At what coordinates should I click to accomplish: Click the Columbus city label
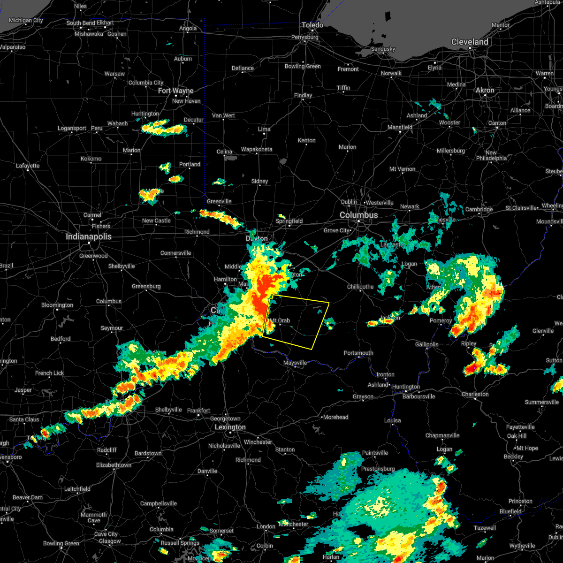(358, 215)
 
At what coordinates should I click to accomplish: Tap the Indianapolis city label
(88, 237)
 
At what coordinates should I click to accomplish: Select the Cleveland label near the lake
(469, 42)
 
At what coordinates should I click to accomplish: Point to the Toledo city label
(312, 25)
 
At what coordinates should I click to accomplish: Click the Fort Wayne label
(175, 91)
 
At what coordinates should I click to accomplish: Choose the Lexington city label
(230, 427)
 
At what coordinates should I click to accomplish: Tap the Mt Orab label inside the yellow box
(281, 321)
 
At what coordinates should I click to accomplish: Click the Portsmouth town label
(358, 353)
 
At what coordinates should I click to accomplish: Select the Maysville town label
(295, 363)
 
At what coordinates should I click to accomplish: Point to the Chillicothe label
(360, 287)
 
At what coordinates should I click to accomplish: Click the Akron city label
(485, 90)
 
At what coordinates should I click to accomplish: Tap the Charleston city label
(475, 394)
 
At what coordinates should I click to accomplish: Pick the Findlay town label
(303, 95)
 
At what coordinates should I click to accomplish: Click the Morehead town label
(335, 417)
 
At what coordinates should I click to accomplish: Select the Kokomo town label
(91, 159)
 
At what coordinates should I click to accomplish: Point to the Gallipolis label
(426, 344)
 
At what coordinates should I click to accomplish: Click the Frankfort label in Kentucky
(198, 411)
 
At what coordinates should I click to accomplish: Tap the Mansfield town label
(400, 127)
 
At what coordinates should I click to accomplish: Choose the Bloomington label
(57, 305)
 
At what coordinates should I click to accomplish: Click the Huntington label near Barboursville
(406, 387)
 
